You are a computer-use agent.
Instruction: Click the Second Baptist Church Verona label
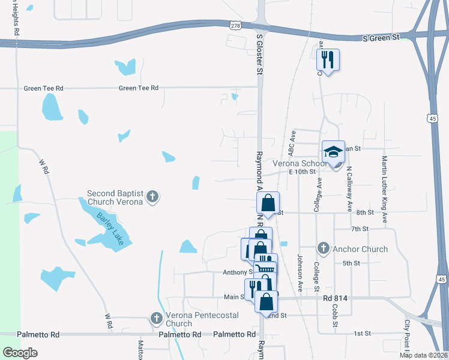(115, 197)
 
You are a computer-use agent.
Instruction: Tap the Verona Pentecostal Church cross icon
(157, 318)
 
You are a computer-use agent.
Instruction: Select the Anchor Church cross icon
(323, 248)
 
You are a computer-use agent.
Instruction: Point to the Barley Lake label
(103, 223)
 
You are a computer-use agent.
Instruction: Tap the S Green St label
(381, 38)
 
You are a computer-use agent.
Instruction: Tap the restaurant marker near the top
(328, 60)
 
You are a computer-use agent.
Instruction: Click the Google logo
(20, 353)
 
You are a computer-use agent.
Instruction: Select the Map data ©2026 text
(423, 355)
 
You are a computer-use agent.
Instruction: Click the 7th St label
(359, 229)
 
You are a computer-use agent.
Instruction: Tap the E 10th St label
(302, 172)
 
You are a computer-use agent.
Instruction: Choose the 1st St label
(362, 333)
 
